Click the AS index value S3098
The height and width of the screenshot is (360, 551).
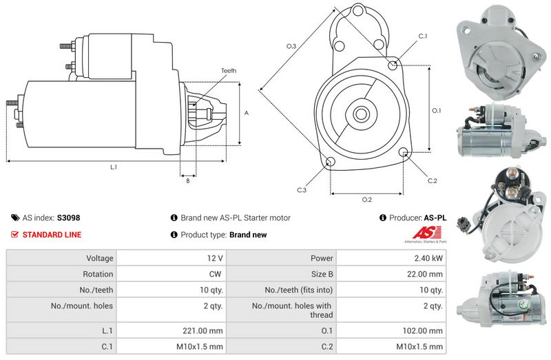point(68,218)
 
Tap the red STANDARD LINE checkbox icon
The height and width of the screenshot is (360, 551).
point(14,235)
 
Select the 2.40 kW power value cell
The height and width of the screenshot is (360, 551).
point(391,258)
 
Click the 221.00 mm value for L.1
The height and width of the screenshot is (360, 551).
point(202,331)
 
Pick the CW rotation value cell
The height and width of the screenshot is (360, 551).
point(171,274)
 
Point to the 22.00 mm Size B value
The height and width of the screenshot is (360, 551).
point(424,274)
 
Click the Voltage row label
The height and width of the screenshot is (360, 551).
point(100,258)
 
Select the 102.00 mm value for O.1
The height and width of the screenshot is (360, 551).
point(422,331)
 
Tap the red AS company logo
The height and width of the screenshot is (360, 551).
point(426,234)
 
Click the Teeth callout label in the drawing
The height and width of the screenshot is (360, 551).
point(229,71)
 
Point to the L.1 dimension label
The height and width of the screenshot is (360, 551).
point(114,167)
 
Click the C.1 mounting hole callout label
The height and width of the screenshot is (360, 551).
point(422,36)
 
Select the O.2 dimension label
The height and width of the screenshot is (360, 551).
point(366,200)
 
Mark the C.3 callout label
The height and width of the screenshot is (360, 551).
point(302,190)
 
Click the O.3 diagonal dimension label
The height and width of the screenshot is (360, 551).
point(291,46)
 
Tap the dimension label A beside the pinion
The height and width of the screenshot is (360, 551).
point(247,113)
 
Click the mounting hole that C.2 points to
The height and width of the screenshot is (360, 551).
point(404,152)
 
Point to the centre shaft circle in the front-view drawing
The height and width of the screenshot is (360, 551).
point(360,114)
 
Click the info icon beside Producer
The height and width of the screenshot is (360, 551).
point(383,218)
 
